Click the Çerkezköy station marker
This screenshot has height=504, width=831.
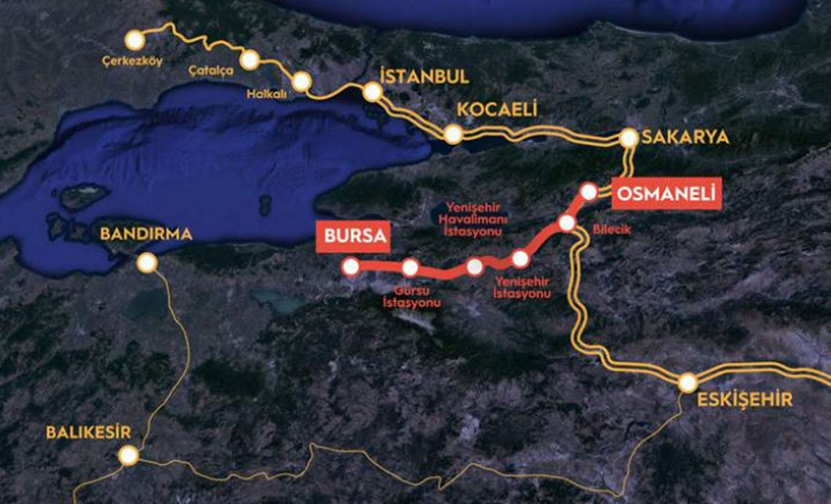click(134, 40)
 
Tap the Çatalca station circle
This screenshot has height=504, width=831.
click(249, 60)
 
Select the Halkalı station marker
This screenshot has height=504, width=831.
click(301, 81)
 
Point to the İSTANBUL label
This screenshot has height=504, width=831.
click(424, 76)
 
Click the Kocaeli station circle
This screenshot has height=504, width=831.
click(453, 134)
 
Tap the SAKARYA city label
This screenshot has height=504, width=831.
click(684, 138)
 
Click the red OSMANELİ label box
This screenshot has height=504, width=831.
click(666, 194)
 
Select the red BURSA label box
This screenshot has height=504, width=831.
click(353, 237)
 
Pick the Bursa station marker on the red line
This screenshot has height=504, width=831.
click(351, 266)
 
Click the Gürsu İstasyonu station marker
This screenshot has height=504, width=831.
click(410, 267)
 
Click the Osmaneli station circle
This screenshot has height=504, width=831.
click(589, 191)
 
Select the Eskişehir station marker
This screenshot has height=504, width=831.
click(688, 383)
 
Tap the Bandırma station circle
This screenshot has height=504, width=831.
click(147, 262)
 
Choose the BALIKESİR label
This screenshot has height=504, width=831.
click(88, 432)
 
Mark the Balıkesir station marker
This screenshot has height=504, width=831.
click(129, 455)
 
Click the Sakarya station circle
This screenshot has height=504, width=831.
click(628, 138)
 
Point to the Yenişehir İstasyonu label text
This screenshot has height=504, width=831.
click(522, 288)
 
